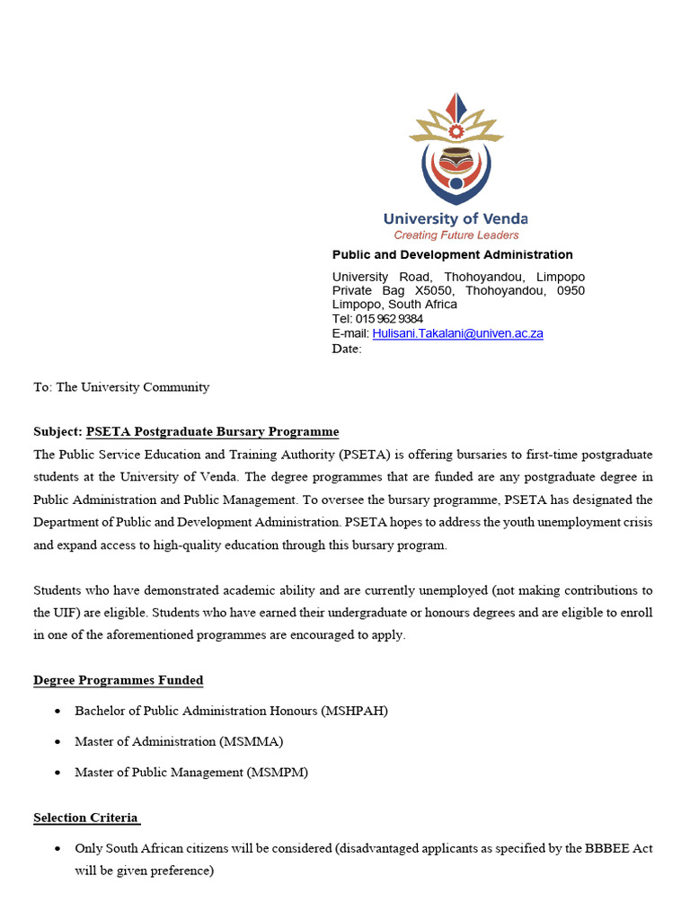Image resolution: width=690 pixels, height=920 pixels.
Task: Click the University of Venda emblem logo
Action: click(x=456, y=149)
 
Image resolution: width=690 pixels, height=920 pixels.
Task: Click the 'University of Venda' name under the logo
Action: click(x=456, y=218)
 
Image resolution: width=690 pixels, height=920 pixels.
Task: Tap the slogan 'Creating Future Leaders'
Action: click(x=456, y=235)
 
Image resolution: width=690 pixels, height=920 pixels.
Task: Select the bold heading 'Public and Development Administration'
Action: click(x=452, y=255)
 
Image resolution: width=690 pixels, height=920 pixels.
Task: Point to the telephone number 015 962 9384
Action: click(x=389, y=319)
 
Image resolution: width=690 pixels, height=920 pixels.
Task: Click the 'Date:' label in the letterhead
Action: click(x=347, y=349)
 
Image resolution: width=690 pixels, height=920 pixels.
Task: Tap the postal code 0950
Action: click(x=571, y=291)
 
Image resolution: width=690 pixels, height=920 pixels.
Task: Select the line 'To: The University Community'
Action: click(x=121, y=387)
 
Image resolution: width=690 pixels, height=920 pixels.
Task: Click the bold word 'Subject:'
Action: click(x=57, y=432)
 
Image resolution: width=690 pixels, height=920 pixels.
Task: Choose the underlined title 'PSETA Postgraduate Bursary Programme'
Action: click(x=212, y=432)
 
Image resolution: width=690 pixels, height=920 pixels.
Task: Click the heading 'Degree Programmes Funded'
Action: click(x=119, y=680)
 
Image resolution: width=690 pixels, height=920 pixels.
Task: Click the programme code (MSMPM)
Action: click(x=278, y=773)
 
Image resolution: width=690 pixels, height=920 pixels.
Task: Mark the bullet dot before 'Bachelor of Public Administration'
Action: click(x=57, y=712)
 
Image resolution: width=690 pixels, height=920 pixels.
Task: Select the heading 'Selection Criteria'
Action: click(x=86, y=818)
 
